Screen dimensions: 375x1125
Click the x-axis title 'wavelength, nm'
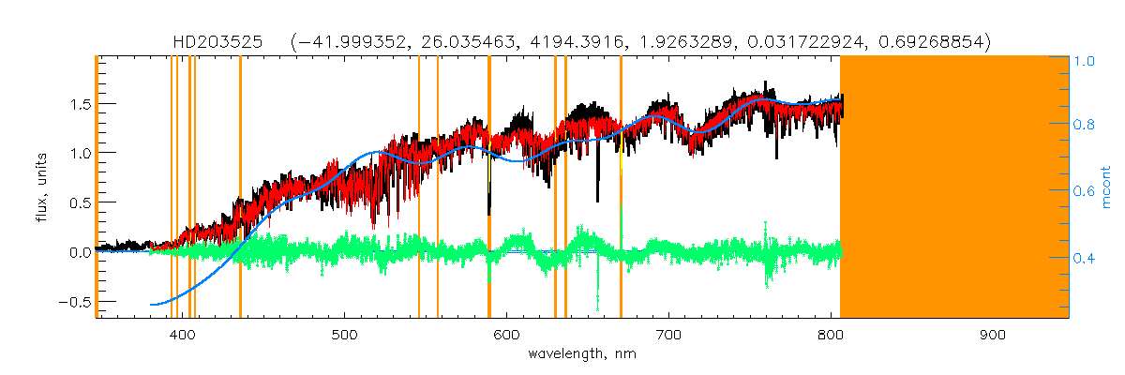coord(582,354)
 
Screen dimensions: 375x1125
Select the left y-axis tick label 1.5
coord(77,103)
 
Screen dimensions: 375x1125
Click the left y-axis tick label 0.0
coord(77,252)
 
